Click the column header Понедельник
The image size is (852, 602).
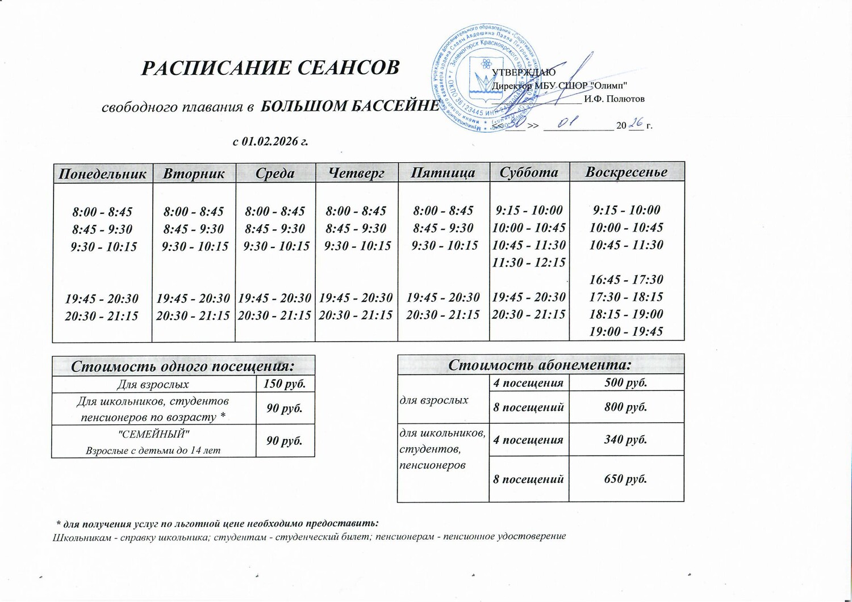(x=103, y=173)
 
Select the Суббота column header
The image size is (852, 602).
(x=529, y=172)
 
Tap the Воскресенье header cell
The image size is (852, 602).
(x=627, y=171)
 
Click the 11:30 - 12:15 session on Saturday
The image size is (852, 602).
(x=529, y=262)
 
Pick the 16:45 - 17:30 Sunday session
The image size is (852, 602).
(x=626, y=279)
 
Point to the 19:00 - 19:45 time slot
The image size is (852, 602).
(x=626, y=331)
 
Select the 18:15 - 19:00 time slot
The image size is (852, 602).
(x=626, y=314)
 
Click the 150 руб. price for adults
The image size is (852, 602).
(x=285, y=384)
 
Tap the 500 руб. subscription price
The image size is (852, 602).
(x=626, y=382)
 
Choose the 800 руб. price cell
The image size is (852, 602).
(x=626, y=407)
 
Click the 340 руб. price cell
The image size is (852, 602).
(x=626, y=439)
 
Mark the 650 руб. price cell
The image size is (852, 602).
(x=626, y=479)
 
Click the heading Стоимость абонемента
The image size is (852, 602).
(x=540, y=364)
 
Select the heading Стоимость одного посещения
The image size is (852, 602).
(x=182, y=366)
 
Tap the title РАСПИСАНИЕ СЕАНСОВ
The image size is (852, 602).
(x=270, y=68)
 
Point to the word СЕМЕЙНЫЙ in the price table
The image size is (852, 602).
(x=153, y=434)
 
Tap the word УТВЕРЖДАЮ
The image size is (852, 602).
(x=523, y=72)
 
